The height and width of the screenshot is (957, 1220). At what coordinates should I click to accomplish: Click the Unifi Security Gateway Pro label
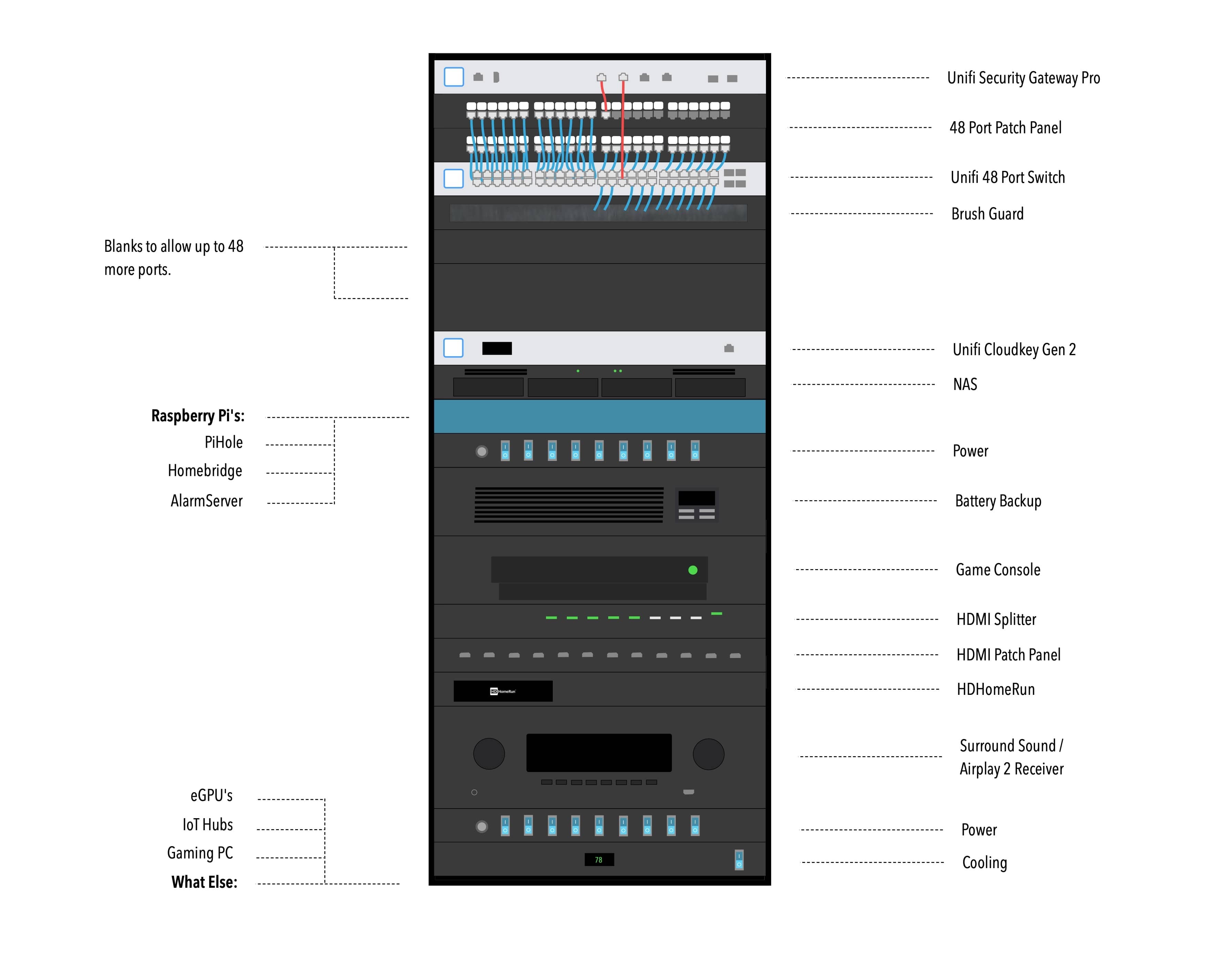click(1023, 78)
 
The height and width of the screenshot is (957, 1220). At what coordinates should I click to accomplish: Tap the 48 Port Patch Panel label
click(1005, 128)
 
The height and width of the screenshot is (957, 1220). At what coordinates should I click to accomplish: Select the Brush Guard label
click(988, 214)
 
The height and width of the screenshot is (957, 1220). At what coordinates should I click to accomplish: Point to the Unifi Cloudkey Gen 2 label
click(1014, 350)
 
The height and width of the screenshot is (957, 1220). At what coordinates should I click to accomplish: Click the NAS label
click(965, 384)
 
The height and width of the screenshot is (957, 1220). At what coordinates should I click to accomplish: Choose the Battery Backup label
click(998, 501)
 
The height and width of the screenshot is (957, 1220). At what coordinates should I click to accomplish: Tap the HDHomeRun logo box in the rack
click(503, 691)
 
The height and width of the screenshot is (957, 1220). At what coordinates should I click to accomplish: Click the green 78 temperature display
click(599, 860)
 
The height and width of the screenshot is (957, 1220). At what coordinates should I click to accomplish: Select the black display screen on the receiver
click(599, 752)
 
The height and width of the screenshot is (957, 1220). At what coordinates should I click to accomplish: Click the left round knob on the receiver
click(489, 754)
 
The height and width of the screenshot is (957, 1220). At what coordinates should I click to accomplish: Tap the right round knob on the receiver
click(709, 754)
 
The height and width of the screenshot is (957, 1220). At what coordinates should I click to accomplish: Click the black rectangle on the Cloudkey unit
click(497, 349)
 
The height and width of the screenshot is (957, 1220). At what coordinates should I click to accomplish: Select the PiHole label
click(224, 443)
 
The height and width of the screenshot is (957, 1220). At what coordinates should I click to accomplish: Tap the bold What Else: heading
click(205, 883)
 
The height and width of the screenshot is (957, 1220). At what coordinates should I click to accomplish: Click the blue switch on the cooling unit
click(739, 860)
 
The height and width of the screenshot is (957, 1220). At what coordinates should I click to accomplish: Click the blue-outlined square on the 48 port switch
click(454, 179)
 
